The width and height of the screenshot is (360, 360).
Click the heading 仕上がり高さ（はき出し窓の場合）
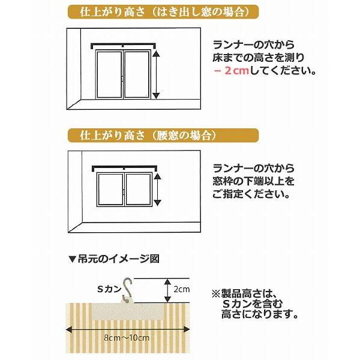click(154, 11)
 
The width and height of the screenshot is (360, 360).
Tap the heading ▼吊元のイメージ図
click(113, 259)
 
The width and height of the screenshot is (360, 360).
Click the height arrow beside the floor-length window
click(157, 74)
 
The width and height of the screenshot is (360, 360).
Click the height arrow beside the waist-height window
click(157, 187)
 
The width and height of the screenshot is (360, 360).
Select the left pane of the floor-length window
click(109, 74)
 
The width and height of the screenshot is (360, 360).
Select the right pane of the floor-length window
click(137, 74)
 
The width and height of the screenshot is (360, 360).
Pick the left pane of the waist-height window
click(109, 187)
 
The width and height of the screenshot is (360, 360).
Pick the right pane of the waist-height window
click(137, 187)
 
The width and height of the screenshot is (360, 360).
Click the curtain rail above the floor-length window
click(123, 45)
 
